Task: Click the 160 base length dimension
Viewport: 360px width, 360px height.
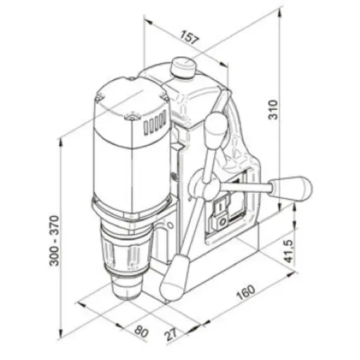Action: click(x=248, y=292)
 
